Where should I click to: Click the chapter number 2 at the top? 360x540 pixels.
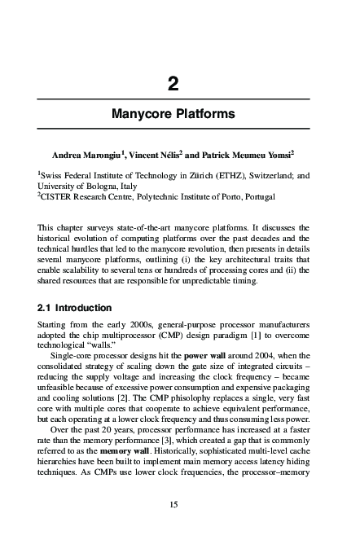[173, 83]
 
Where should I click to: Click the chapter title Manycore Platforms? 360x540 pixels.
[173, 114]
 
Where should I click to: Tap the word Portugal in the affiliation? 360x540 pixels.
[258, 196]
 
